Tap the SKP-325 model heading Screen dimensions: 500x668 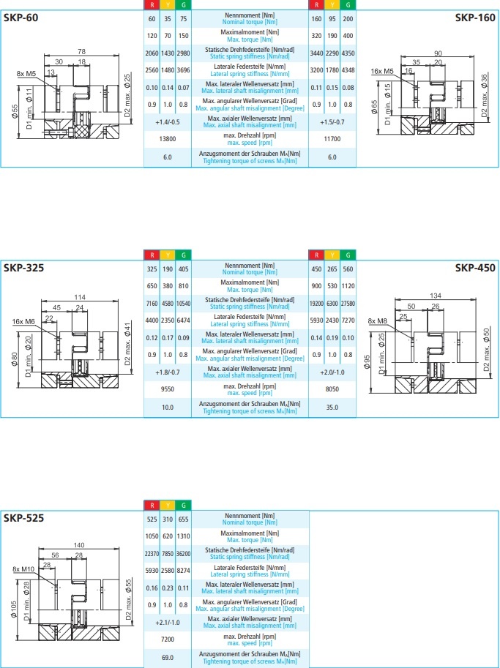pyautogui.click(x=23, y=268)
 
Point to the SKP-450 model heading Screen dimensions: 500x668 pyautogui.click(x=475, y=268)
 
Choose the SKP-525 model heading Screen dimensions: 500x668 pyautogui.click(x=23, y=519)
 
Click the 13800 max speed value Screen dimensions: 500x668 pyautogui.click(x=168, y=138)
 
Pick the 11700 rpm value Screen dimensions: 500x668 pyautogui.click(x=333, y=138)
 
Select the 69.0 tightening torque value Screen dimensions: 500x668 pyautogui.click(x=168, y=658)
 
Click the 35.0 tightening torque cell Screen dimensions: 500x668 pyautogui.click(x=333, y=407)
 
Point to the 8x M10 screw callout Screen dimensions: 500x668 pyautogui.click(x=24, y=569)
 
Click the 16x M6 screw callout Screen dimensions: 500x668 pyautogui.click(x=24, y=321)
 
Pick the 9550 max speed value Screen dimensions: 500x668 pyautogui.click(x=168, y=389)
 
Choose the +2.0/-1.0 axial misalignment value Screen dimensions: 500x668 pyautogui.click(x=333, y=372)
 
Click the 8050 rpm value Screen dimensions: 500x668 pyautogui.click(x=333, y=389)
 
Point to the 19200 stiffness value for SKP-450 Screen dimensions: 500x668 pyautogui.click(x=317, y=302)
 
